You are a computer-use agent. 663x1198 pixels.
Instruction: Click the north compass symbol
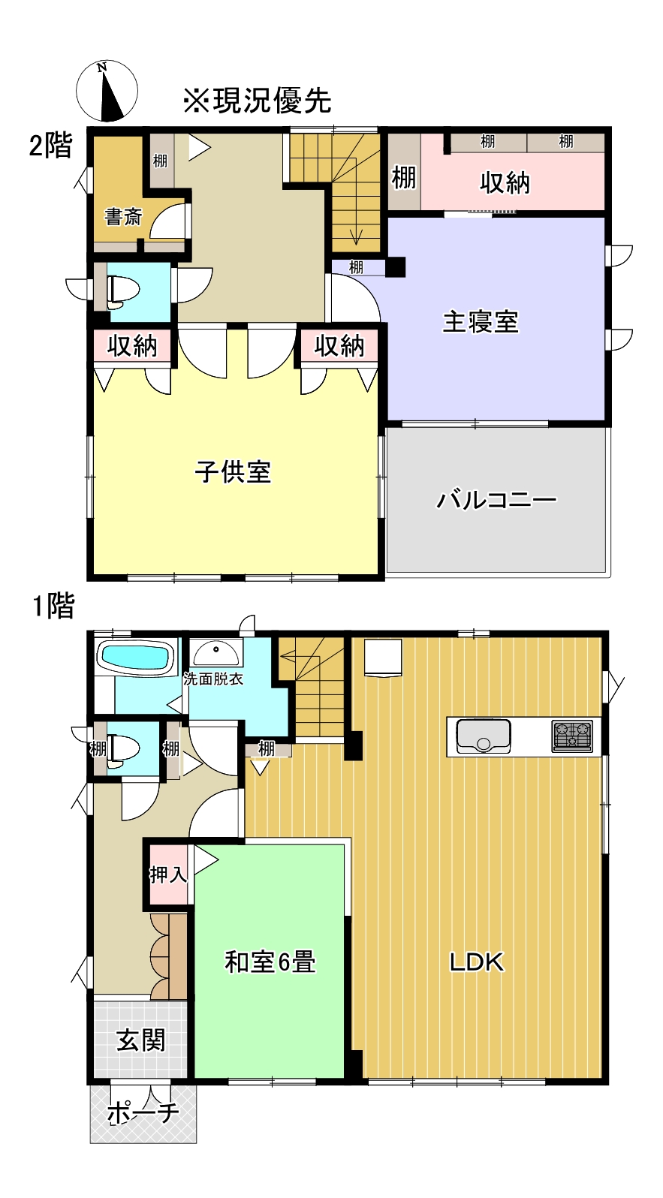(x=107, y=91)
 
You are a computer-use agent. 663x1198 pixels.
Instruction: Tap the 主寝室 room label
(x=481, y=322)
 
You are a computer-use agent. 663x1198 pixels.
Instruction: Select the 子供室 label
(x=233, y=472)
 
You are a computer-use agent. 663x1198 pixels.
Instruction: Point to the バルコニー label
(x=496, y=499)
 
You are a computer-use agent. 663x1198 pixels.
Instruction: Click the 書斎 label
(x=123, y=218)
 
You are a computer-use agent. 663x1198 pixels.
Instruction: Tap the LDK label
(x=476, y=962)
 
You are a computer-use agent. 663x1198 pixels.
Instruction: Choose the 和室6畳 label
(x=270, y=962)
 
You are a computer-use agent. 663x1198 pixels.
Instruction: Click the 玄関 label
(x=140, y=1040)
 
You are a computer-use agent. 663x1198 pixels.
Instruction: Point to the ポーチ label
(x=143, y=1112)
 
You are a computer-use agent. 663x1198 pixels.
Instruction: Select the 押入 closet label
(x=168, y=874)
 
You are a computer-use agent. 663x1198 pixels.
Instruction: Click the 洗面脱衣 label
(x=214, y=679)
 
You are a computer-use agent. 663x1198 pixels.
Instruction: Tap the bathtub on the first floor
(x=135, y=658)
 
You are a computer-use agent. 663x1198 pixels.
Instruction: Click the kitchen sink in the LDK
(x=483, y=736)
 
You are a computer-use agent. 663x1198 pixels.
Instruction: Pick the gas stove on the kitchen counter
(x=572, y=736)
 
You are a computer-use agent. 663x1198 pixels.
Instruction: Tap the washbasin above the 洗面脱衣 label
(x=216, y=652)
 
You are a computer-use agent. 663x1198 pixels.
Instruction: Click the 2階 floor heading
(x=51, y=145)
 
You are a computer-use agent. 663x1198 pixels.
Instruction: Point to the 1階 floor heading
(x=53, y=606)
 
